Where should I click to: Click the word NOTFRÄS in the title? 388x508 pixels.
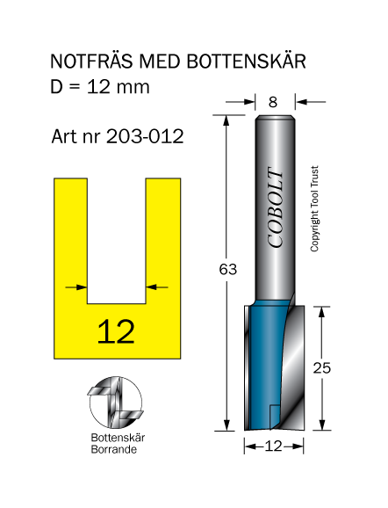pos(91,61)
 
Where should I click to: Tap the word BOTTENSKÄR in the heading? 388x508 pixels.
pos(247,61)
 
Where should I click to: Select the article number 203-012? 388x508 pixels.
pos(145,136)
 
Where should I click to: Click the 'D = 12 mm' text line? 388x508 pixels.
pos(100,87)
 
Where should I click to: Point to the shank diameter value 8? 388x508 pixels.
pos(273,102)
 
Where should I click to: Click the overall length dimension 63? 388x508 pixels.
pos(228,270)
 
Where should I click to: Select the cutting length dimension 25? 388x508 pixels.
pos(321,368)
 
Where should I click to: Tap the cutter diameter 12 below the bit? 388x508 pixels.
pos(274,446)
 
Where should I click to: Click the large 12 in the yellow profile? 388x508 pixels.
pos(116,331)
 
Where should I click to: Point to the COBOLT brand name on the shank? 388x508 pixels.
pos(276,207)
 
